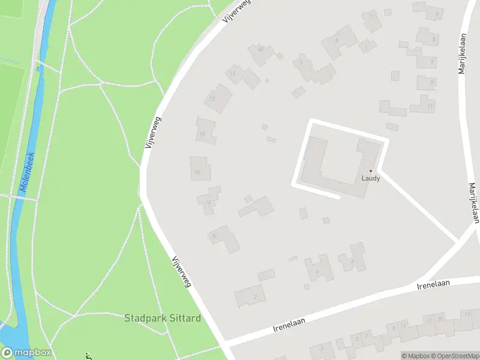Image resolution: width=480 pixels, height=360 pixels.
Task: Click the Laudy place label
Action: (x=370, y=178)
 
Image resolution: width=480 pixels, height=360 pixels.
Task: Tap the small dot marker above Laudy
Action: (x=370, y=170)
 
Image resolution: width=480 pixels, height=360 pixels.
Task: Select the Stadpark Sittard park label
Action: (x=162, y=318)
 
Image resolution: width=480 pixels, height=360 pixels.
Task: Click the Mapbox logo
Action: (x=26, y=353)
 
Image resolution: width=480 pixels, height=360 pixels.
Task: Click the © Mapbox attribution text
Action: (x=414, y=356)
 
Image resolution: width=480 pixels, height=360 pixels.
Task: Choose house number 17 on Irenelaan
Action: (x=467, y=314)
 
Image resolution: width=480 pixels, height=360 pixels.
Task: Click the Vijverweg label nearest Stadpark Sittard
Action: (x=181, y=272)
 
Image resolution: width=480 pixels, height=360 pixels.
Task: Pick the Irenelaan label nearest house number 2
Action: (x=289, y=325)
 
